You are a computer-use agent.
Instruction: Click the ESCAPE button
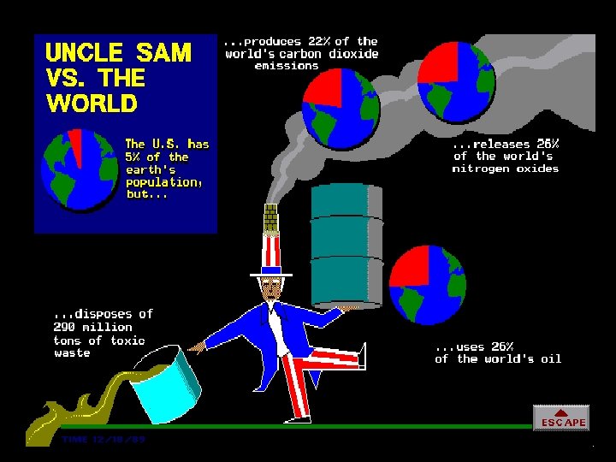[x=561, y=418]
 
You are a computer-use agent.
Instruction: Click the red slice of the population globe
[x=75, y=145]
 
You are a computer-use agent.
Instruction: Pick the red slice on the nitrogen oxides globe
[x=437, y=65]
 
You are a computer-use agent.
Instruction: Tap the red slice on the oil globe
[x=410, y=266]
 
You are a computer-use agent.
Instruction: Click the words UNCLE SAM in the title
[x=118, y=53]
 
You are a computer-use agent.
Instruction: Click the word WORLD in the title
[x=92, y=104]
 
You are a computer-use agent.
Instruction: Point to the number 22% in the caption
[x=318, y=41]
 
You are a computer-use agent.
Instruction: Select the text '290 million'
[x=92, y=327]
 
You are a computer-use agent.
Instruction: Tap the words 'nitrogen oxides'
[x=505, y=169]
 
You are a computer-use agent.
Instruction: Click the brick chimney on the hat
[x=271, y=217]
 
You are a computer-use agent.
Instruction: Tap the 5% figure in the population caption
[x=134, y=157]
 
